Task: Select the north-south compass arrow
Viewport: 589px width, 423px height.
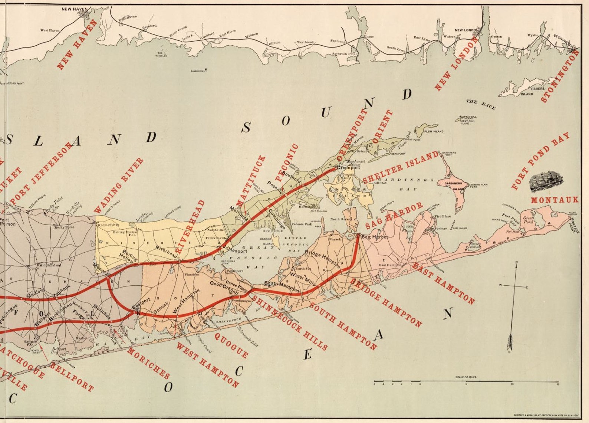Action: pyautogui.click(x=513, y=308)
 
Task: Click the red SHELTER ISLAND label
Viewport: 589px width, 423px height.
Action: pyautogui.click(x=401, y=167)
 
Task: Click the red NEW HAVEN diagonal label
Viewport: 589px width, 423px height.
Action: pyautogui.click(x=77, y=45)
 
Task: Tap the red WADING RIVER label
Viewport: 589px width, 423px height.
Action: pyautogui.click(x=118, y=184)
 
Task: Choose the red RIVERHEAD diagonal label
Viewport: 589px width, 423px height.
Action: pyautogui.click(x=190, y=226)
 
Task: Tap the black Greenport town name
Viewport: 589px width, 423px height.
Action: pyautogui.click(x=348, y=168)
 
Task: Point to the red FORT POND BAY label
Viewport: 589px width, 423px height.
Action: pyautogui.click(x=540, y=161)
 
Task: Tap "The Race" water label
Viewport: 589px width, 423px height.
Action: pyautogui.click(x=481, y=104)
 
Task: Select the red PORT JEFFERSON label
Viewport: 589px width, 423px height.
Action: pyautogui.click(x=42, y=172)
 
